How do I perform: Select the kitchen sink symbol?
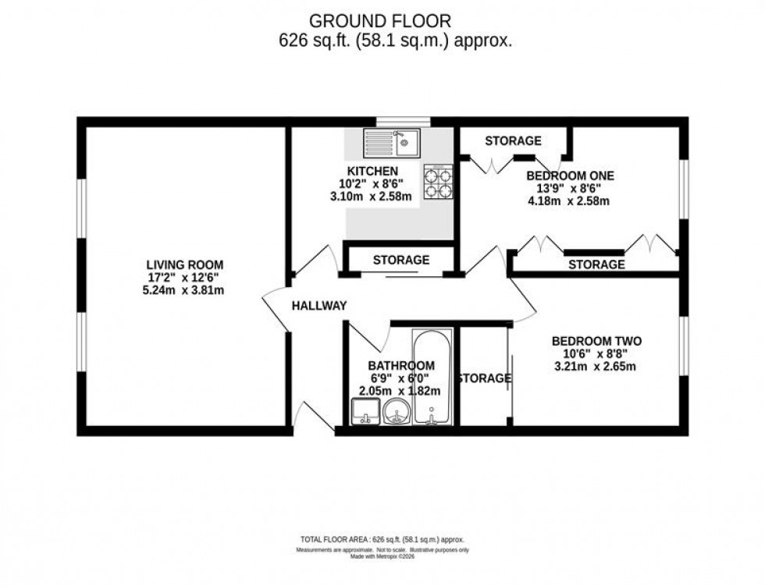pyautogui.click(x=391, y=143)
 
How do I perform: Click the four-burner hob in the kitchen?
pyautogui.click(x=438, y=180)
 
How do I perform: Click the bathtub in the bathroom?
pyautogui.click(x=431, y=378)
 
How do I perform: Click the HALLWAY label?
pyautogui.click(x=318, y=306)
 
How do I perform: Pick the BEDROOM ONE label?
pyautogui.click(x=570, y=176)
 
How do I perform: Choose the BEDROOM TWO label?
pyautogui.click(x=596, y=341)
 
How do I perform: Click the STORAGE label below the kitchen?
pyautogui.click(x=400, y=260)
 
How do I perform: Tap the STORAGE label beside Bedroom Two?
pyautogui.click(x=484, y=378)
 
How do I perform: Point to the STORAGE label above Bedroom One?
pyautogui.click(x=513, y=140)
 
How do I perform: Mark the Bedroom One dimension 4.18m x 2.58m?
pyautogui.click(x=568, y=201)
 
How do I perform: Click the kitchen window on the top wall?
pyautogui.click(x=403, y=121)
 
